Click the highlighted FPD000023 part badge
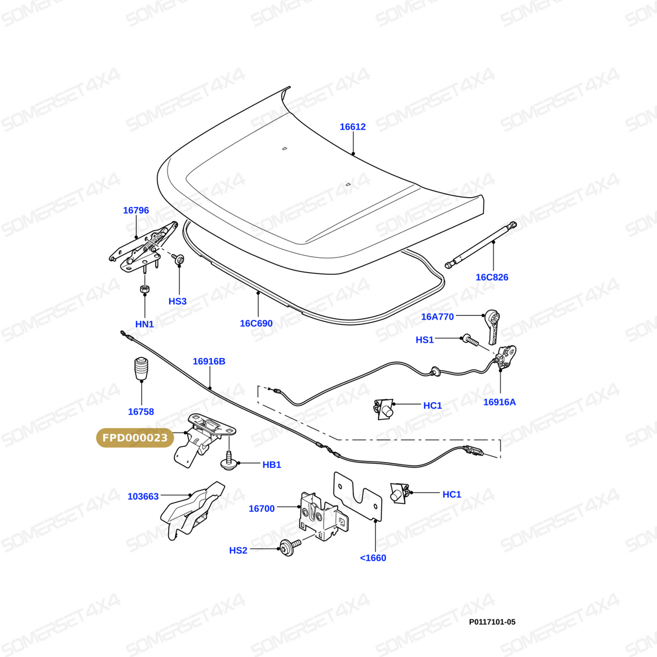(135, 438)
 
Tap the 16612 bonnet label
(353, 127)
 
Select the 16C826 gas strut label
(492, 277)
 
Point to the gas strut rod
(481, 244)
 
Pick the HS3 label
(177, 301)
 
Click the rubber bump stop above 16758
(141, 368)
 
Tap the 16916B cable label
(209, 361)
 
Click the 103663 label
(143, 497)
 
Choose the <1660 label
(373, 558)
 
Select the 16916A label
(499, 402)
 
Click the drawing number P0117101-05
(492, 622)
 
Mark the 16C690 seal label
(256, 323)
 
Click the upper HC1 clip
(384, 409)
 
